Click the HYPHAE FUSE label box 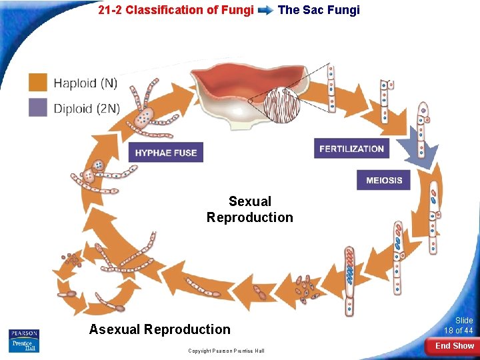tap(166, 153)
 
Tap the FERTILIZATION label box tap(351, 149)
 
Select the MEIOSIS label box tap(383, 180)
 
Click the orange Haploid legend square tap(38, 83)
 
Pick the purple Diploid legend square tap(38, 107)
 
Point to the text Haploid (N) tap(85, 83)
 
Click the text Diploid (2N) tap(87, 108)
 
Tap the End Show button tap(454, 346)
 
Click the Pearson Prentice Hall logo tap(24, 340)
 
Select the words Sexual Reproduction tap(249, 209)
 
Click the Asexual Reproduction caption tap(160, 329)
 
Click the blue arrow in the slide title tap(265, 11)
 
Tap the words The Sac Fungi tap(319, 10)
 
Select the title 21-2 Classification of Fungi tap(176, 10)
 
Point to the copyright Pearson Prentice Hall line tap(226, 351)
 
